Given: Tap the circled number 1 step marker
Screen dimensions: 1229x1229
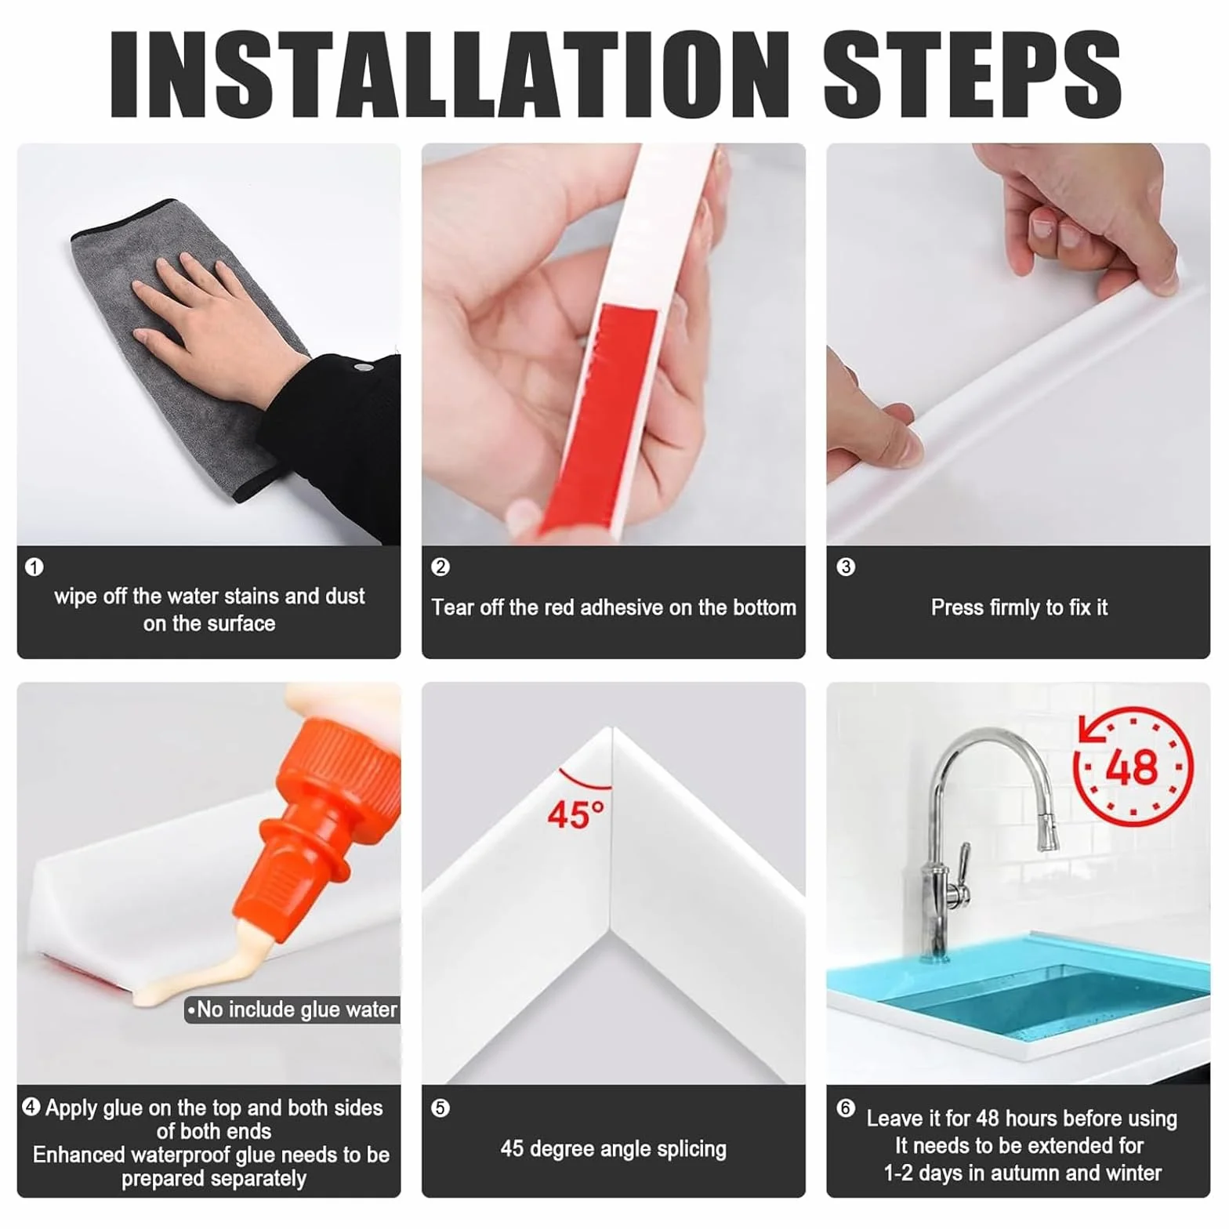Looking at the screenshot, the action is pos(34,567).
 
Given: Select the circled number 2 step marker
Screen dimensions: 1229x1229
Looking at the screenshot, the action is pos(440,567).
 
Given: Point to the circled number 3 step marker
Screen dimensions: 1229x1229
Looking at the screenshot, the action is pos(846,567).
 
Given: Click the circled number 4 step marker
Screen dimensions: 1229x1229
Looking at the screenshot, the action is pos(31,1107).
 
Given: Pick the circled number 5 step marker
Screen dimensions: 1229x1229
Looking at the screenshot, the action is pos(440,1108).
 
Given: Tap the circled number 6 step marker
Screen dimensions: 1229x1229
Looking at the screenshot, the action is pos(846,1108).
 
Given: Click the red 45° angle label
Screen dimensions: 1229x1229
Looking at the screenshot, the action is pos(576,814).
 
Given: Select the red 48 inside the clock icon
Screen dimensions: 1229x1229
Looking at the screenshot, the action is pos(1132,767).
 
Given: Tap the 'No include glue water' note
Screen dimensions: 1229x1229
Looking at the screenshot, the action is pos(292,1010).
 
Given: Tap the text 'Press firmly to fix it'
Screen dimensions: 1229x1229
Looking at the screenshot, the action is pos(1019,607).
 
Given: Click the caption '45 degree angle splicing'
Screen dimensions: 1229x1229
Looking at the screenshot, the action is pos(614,1149).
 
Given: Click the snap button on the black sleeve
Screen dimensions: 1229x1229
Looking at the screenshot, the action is pos(362,367).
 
